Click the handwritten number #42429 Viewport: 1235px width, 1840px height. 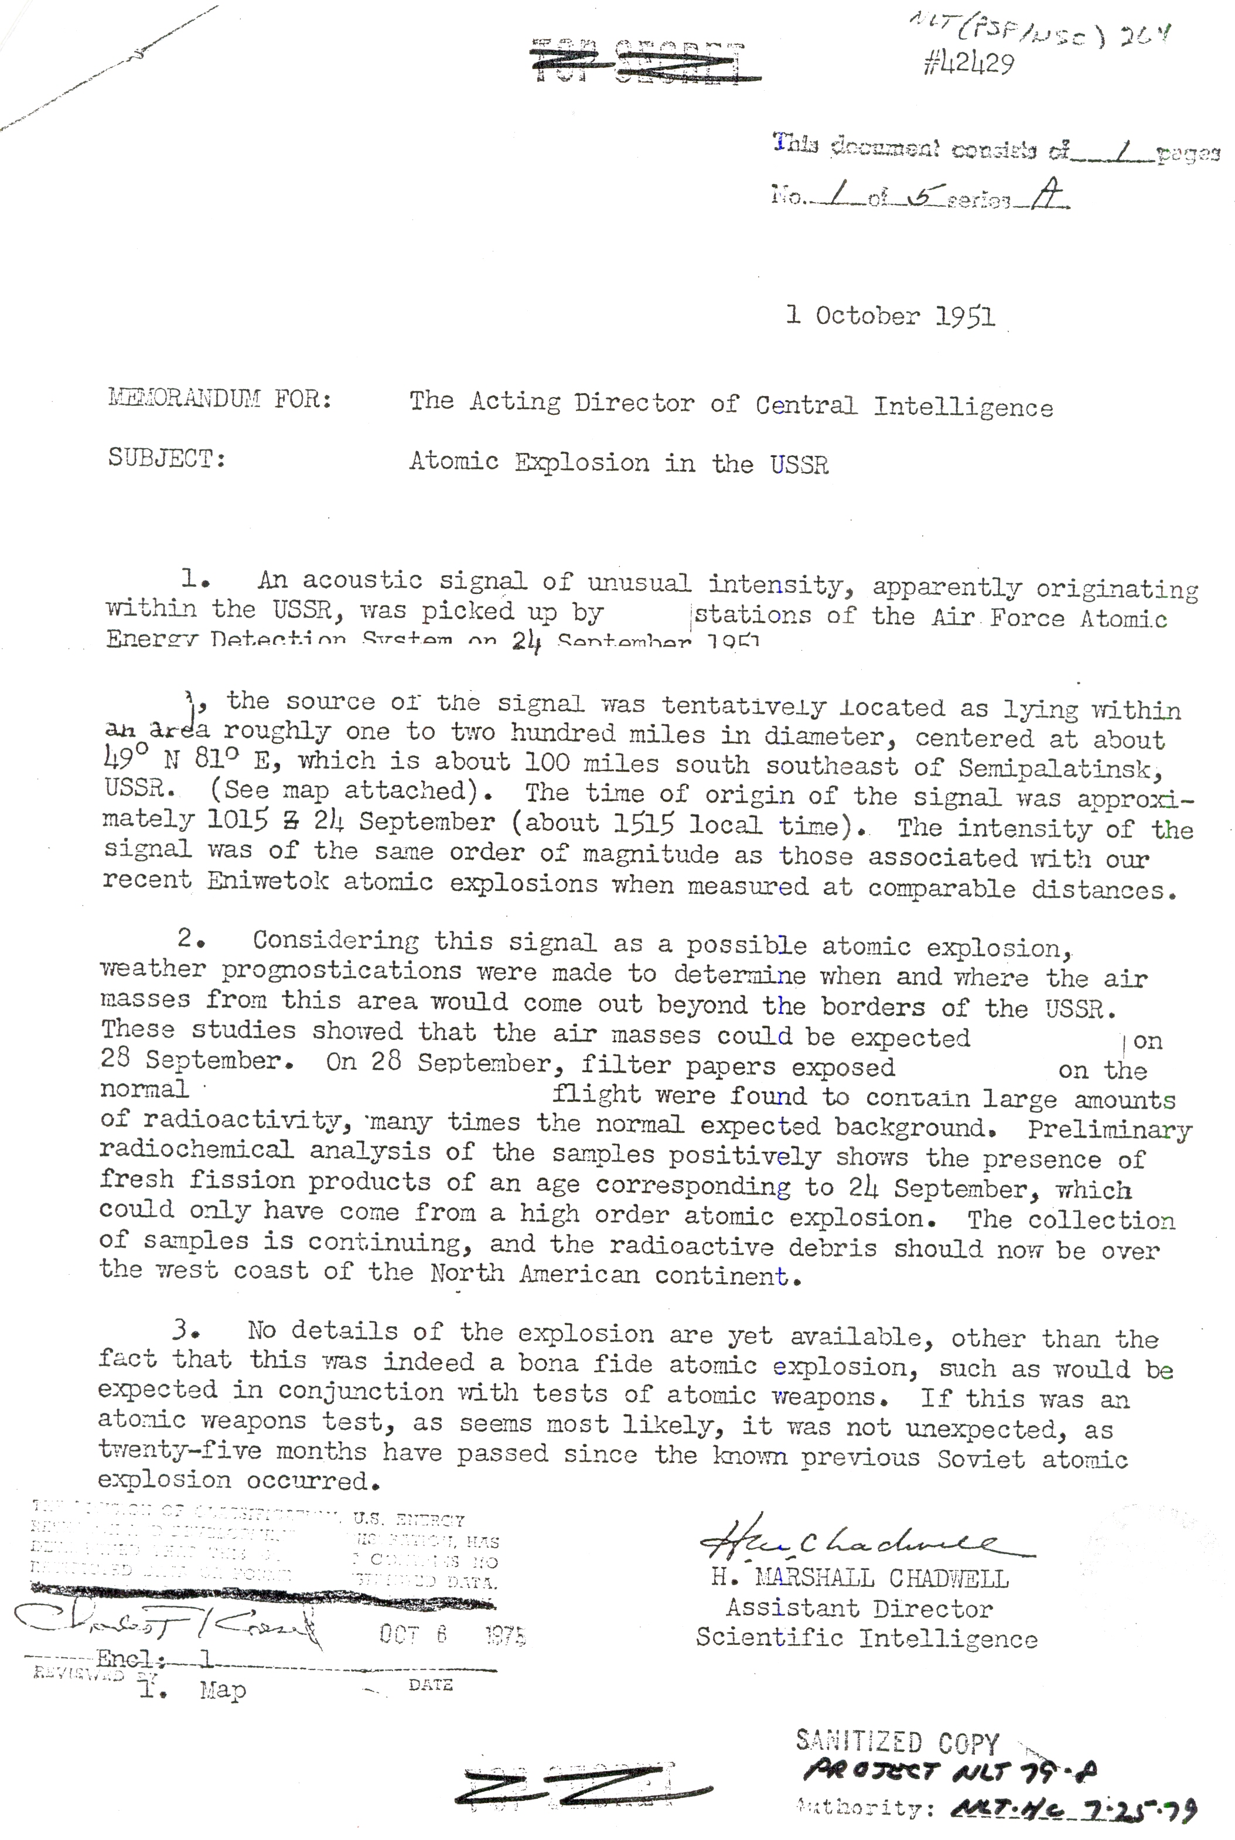pyautogui.click(x=968, y=64)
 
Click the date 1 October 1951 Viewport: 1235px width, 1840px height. pyautogui.click(x=890, y=316)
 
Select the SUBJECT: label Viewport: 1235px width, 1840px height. pyautogui.click(x=167, y=458)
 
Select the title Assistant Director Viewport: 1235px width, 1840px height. pyautogui.click(x=858, y=1608)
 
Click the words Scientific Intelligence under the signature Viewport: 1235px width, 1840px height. pyautogui.click(x=866, y=1638)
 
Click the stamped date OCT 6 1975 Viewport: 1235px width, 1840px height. pyautogui.click(x=452, y=1634)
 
